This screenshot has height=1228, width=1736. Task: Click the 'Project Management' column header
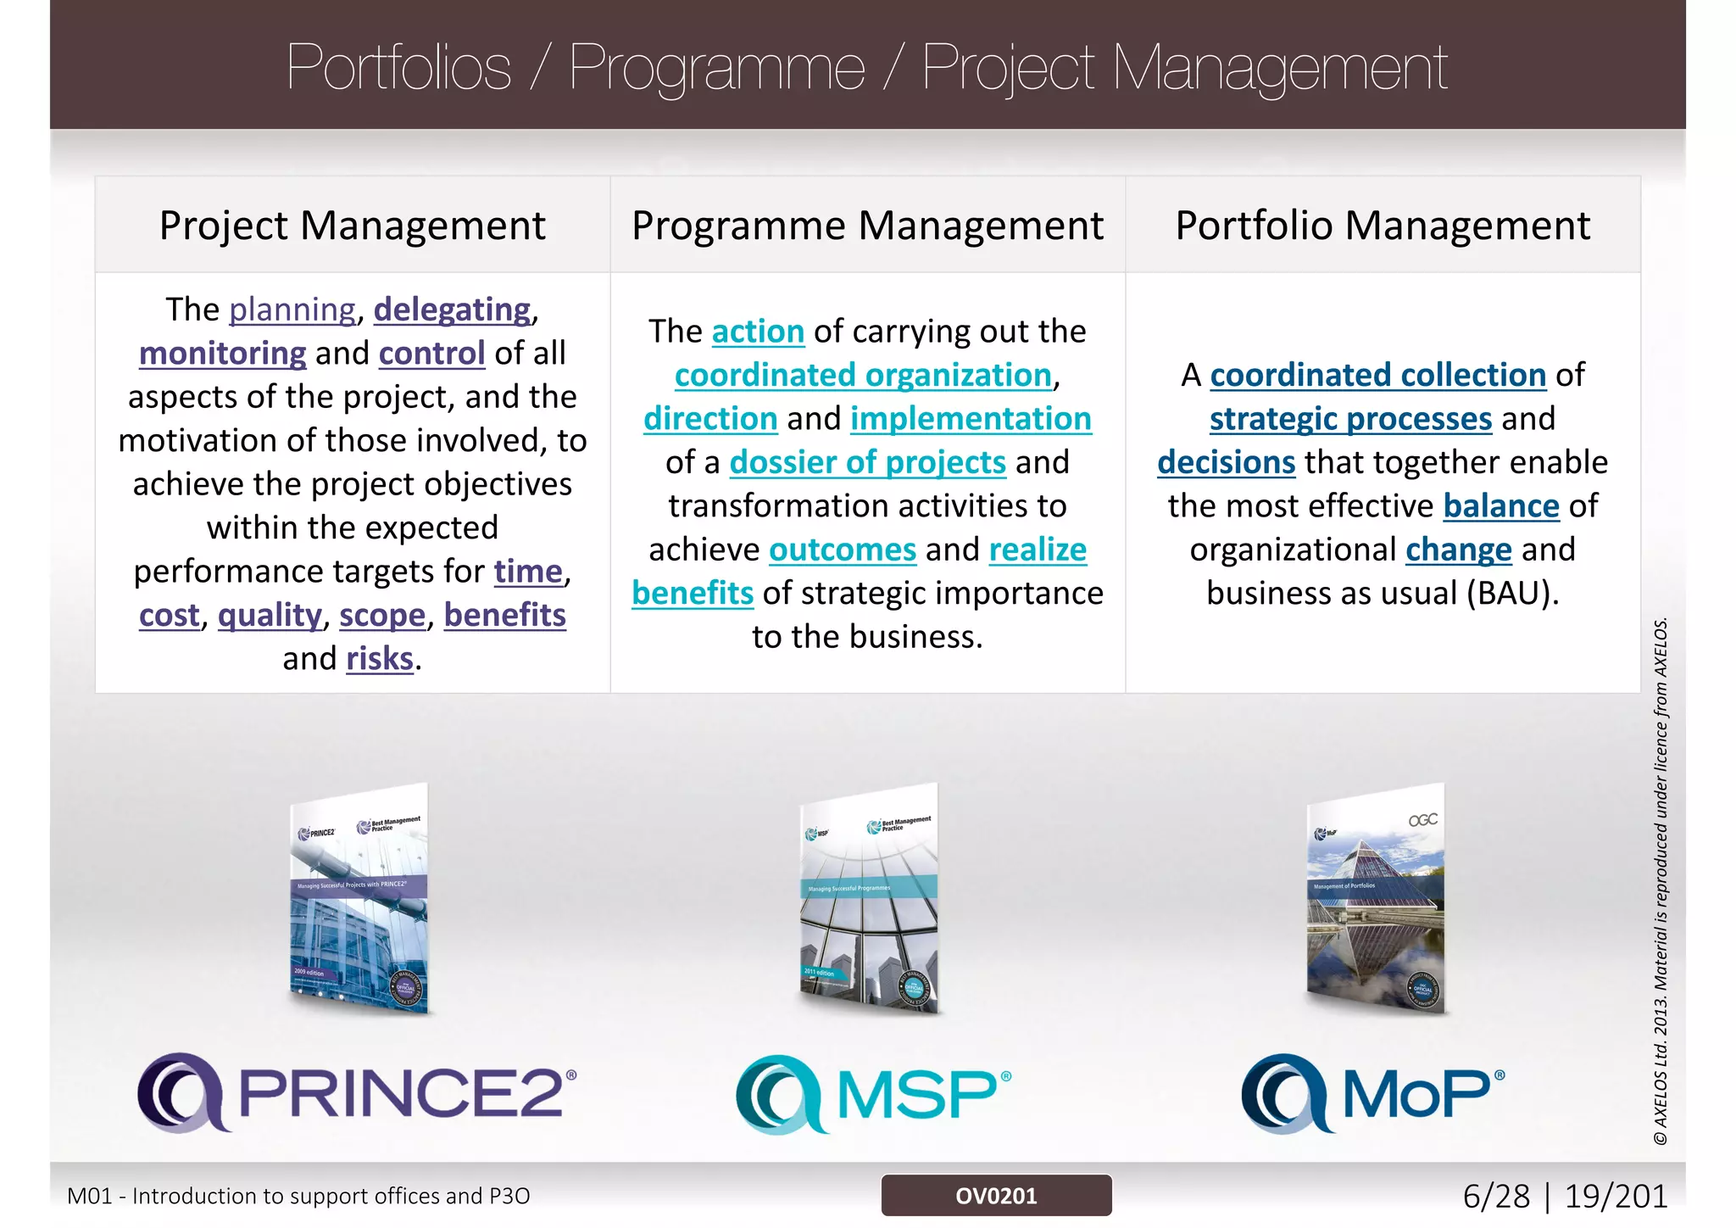[352, 226]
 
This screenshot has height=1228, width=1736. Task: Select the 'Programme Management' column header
[867, 226]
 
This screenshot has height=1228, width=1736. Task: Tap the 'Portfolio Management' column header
[1383, 226]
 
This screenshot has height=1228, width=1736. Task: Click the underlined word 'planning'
[292, 310]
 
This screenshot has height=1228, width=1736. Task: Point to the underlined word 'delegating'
[452, 310]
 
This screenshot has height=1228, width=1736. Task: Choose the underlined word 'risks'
[380, 659]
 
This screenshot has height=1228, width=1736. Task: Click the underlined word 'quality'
[270, 616]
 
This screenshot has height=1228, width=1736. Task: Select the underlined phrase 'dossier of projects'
[867, 463]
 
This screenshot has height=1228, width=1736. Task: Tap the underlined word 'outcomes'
[843, 550]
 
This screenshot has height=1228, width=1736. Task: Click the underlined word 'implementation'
[971, 419]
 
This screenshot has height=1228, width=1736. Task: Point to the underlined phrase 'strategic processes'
[1350, 419]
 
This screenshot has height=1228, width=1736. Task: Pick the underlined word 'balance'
[1501, 506]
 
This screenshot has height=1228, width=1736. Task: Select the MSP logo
[873, 1094]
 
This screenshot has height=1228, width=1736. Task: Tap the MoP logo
[1373, 1094]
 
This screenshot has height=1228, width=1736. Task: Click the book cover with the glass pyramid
[1375, 899]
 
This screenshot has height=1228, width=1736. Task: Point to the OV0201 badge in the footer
[996, 1196]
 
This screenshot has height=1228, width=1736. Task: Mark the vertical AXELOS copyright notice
[1661, 882]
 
